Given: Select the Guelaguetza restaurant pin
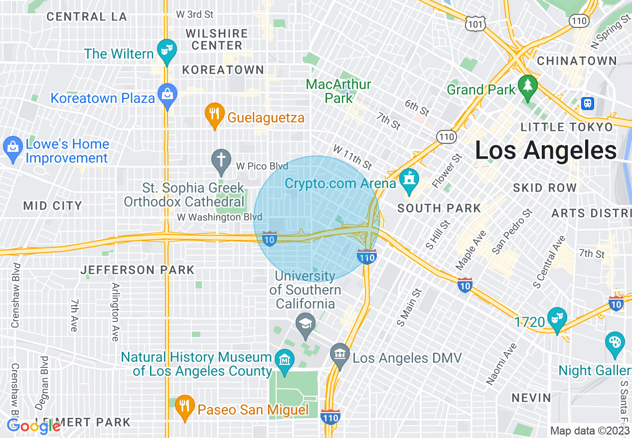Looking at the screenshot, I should click(214, 114).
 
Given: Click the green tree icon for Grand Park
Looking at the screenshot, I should click(526, 86).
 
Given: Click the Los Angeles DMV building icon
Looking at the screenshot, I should click(340, 354).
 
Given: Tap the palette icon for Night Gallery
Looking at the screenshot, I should click(615, 343).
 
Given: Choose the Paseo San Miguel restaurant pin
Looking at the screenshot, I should click(184, 406).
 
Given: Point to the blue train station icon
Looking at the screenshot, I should click(588, 103).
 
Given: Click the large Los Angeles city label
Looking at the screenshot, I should click(546, 150).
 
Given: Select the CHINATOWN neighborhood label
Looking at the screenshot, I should click(577, 61).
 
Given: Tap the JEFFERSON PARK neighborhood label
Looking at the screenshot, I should click(138, 270).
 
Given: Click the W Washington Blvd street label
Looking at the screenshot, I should click(219, 218).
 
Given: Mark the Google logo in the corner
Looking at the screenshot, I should click(33, 427).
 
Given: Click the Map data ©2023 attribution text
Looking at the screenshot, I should click(590, 431).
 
